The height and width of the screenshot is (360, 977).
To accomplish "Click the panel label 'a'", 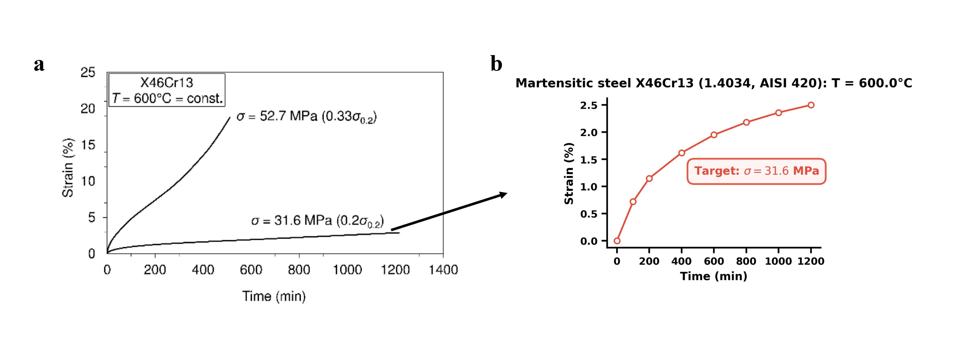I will coord(39,65).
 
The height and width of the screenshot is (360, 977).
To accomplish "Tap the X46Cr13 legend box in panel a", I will coord(167,90).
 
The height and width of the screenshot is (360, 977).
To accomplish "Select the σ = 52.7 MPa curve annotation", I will coord(306,116).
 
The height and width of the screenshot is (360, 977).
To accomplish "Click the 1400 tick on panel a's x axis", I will coord(443,270).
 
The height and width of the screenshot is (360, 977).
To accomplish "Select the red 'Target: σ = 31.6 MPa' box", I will coord(756,171).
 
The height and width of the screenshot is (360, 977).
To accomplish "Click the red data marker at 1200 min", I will coord(811,105).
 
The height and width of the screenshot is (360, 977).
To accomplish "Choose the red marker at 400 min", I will coord(681,153).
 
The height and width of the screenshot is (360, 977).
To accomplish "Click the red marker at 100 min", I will coord(633,201).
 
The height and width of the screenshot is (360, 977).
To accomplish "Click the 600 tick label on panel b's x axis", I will coord(714,261).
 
